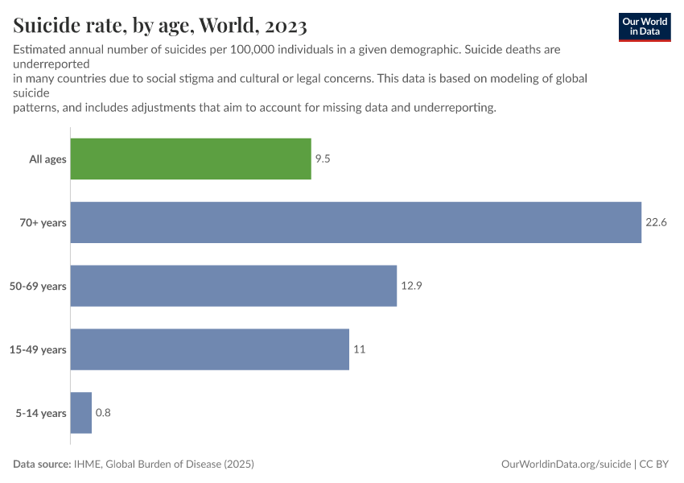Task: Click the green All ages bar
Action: click(191, 159)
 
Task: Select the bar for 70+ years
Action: click(356, 222)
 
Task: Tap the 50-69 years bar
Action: click(233, 286)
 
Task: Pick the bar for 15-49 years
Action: click(210, 349)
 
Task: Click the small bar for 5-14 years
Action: click(81, 413)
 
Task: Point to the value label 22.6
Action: click(656, 222)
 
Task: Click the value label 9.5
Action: click(323, 159)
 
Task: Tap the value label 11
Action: click(360, 349)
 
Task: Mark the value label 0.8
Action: click(103, 413)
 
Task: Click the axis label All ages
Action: click(47, 159)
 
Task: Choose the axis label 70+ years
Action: click(43, 222)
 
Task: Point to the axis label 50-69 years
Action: click(38, 286)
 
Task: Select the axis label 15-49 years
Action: click(38, 349)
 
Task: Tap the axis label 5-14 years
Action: click(40, 413)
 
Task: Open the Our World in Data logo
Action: click(644, 27)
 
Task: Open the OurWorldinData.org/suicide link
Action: click(566, 464)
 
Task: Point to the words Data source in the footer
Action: click(43, 464)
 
